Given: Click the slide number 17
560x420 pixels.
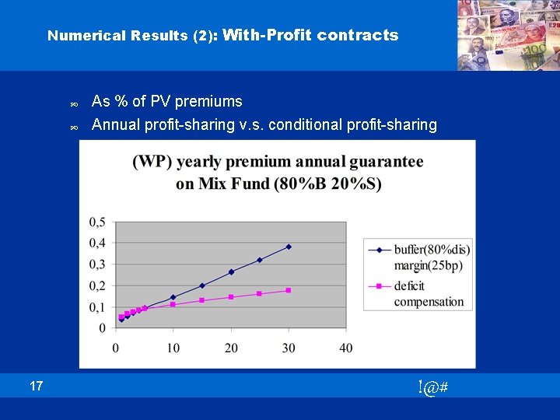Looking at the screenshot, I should pyautogui.click(x=37, y=386).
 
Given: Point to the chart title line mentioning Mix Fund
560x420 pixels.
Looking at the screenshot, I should pyautogui.click(x=278, y=184).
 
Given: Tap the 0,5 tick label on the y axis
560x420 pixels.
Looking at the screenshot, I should pyautogui.click(x=97, y=222).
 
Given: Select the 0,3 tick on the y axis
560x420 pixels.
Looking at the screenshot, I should pyautogui.click(x=97, y=264).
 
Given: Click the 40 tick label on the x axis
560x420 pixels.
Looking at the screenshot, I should pyautogui.click(x=345, y=347).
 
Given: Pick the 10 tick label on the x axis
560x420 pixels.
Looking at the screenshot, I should pyautogui.click(x=173, y=347).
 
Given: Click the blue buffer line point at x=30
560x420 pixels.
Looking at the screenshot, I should pyautogui.click(x=289, y=247).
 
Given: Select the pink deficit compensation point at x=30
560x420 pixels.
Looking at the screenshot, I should pyautogui.click(x=289, y=290).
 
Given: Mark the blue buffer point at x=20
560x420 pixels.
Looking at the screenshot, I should pyautogui.click(x=231, y=271).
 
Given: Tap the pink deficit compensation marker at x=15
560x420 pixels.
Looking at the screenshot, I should pyautogui.click(x=202, y=300).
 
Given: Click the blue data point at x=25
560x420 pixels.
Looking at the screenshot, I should pyautogui.click(x=260, y=260).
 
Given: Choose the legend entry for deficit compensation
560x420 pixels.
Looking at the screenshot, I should pyautogui.click(x=428, y=294).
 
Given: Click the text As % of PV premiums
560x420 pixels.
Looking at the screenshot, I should pyautogui.click(x=166, y=102).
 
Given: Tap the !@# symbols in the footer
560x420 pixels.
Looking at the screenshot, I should pyautogui.click(x=432, y=387).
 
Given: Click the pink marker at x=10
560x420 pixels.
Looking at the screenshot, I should pyautogui.click(x=173, y=304).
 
